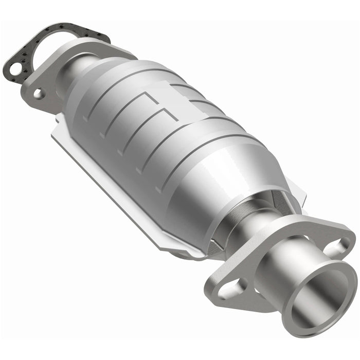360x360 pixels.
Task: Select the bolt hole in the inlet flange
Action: point(39,93)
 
